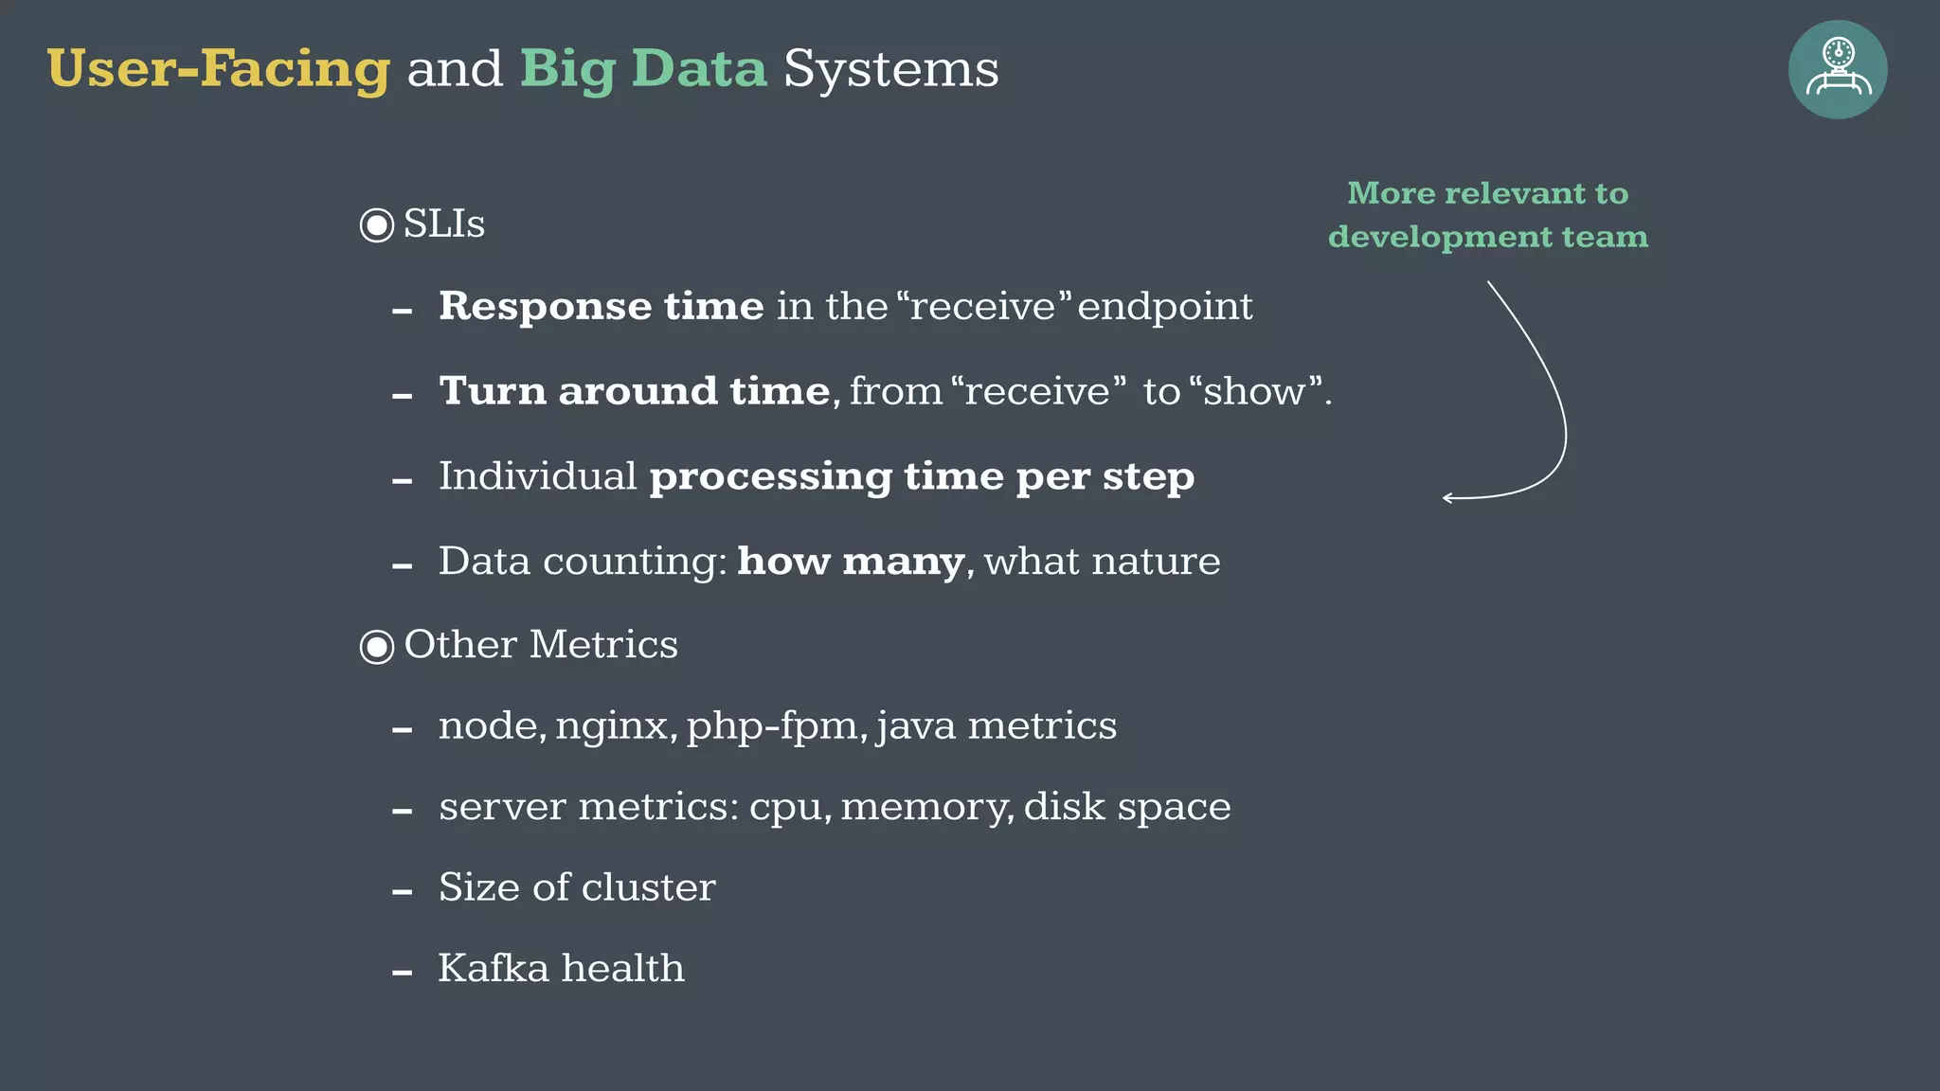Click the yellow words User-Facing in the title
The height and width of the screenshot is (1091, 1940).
(x=218, y=69)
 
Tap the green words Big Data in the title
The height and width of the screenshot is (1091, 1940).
(x=643, y=69)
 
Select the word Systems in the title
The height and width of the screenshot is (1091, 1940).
(x=890, y=69)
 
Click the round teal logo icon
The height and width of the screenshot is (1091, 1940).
(x=1837, y=70)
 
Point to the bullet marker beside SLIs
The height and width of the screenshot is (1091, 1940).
(x=377, y=225)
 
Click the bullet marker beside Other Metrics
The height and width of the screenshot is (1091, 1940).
(x=377, y=647)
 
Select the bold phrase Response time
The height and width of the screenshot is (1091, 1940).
(x=601, y=306)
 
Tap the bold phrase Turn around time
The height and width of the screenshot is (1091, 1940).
(x=635, y=391)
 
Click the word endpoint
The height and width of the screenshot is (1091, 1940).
(x=1164, y=306)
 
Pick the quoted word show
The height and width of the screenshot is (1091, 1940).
(x=1254, y=391)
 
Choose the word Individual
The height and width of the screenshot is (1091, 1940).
(x=537, y=475)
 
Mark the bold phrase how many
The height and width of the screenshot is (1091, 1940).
(x=851, y=561)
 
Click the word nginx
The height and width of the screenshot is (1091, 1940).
(x=616, y=726)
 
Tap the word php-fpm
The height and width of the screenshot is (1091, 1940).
(x=772, y=726)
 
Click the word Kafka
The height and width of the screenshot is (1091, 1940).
(x=494, y=968)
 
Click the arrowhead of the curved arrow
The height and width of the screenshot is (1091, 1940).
(x=1447, y=497)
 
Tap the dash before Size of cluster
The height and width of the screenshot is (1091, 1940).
(x=403, y=892)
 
